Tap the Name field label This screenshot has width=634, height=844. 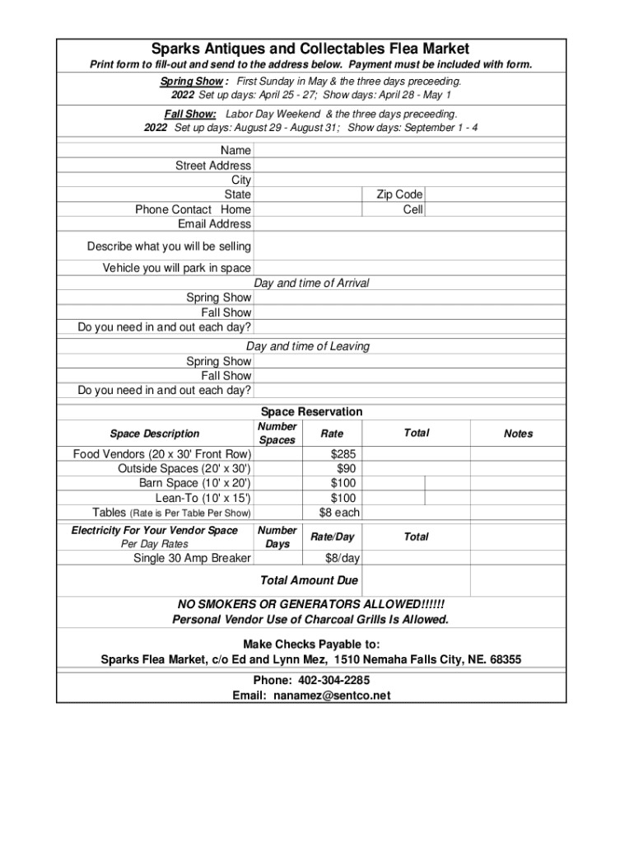[235, 151]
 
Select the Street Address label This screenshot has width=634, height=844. [213, 166]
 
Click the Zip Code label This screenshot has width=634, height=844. [399, 195]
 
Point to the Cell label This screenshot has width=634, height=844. [413, 209]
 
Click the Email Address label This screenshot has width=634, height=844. [214, 224]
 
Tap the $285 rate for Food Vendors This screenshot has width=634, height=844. [344, 454]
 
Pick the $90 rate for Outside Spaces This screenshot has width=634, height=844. [347, 469]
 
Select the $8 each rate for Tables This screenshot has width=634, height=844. [339, 513]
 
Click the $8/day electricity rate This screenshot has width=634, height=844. [343, 559]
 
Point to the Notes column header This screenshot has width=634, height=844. [518, 434]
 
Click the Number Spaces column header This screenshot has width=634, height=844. [277, 434]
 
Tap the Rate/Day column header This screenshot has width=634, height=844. [332, 537]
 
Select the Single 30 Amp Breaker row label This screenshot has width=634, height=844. [192, 559]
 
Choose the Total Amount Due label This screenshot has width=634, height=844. [309, 581]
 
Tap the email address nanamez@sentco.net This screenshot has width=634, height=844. [332, 696]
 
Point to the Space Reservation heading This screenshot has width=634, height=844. [311, 412]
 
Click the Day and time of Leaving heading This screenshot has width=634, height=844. [308, 347]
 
